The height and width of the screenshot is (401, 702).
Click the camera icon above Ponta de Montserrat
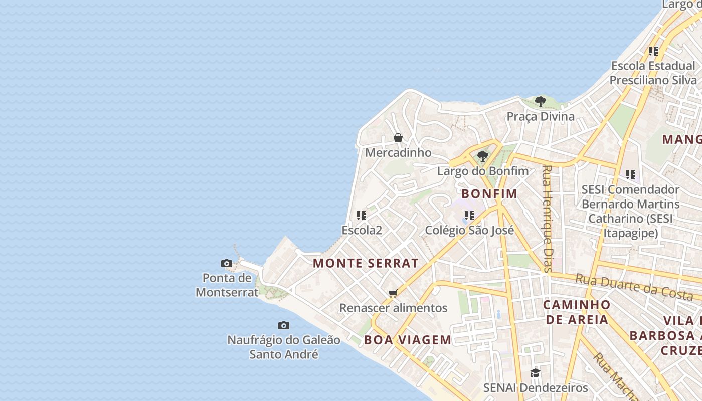point(227,263)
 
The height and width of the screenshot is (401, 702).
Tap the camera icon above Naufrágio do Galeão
point(284,326)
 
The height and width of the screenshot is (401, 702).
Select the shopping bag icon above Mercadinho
point(398,138)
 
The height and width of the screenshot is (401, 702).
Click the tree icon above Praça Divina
point(540,102)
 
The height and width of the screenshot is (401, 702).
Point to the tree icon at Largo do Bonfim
point(482,156)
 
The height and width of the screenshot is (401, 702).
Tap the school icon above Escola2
point(362,216)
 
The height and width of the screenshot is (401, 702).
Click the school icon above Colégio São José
point(469,216)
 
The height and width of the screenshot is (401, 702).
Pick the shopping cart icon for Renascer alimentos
point(393,294)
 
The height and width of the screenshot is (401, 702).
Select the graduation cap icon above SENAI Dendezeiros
point(535,373)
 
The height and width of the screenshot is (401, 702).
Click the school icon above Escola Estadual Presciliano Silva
point(653,51)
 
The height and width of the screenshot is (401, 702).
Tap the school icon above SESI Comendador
point(630,175)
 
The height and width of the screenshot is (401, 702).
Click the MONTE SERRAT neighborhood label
point(366,263)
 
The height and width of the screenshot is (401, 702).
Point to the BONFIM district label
point(489,194)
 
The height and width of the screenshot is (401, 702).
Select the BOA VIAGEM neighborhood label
point(408,340)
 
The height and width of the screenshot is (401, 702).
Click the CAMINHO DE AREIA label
point(577,312)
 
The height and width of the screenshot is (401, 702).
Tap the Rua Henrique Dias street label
point(547,219)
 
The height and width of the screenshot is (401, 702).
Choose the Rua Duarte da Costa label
point(634,287)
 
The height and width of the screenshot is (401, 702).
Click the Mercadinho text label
point(398,152)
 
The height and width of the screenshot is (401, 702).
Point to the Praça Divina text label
point(541,117)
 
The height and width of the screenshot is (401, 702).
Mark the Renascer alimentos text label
point(393,308)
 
